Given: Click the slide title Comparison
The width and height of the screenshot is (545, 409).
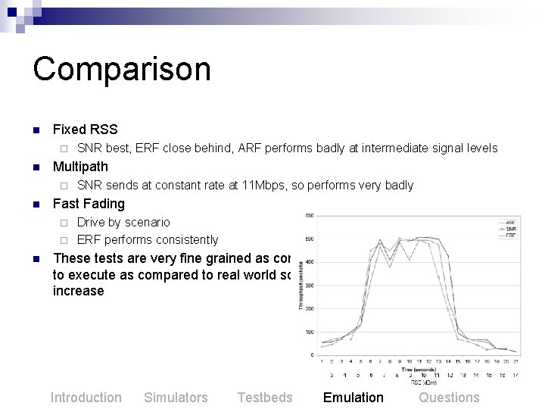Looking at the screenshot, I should [x=121, y=69].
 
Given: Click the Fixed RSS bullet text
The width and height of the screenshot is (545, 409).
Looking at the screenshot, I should [x=85, y=130].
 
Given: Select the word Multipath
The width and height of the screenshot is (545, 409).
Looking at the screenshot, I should [x=80, y=167].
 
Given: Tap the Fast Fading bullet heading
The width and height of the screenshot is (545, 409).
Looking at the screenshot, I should [x=89, y=204].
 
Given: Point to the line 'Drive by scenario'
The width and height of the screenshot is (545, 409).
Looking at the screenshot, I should [x=123, y=222].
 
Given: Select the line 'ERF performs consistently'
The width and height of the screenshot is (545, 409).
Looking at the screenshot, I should [x=148, y=240].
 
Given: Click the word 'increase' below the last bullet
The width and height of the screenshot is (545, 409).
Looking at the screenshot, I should [x=79, y=291].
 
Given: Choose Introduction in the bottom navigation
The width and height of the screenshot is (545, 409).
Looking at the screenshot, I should [x=86, y=398].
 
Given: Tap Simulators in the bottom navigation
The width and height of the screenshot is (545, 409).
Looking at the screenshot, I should [x=176, y=398].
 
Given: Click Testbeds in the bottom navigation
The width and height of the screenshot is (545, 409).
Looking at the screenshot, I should [x=264, y=398].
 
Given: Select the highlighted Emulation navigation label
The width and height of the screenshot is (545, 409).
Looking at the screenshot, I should [x=353, y=398].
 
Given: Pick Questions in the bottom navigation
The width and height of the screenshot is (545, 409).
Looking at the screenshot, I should [x=449, y=398].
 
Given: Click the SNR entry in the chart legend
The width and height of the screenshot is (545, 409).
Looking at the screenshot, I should [x=511, y=229].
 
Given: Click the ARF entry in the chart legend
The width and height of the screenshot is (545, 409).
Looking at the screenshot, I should [x=511, y=223].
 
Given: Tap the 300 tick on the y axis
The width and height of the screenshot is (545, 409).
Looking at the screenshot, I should [x=310, y=286].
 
